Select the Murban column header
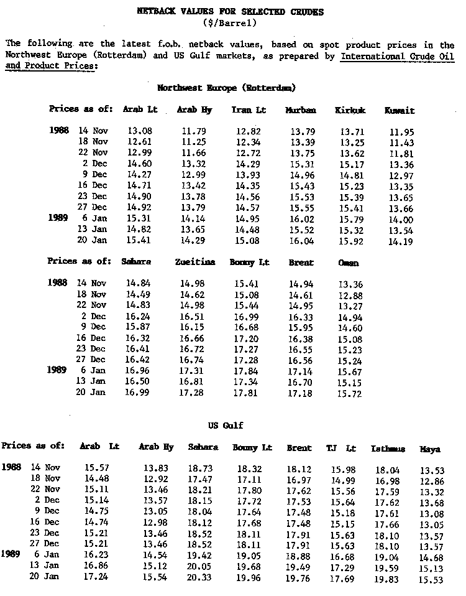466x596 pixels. [301, 110]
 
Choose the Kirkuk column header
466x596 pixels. [350, 110]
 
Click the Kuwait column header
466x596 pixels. [400, 110]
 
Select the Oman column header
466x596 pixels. [349, 263]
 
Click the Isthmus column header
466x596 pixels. [388, 449]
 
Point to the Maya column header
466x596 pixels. [430, 449]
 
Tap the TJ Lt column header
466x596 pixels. [341, 448]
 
